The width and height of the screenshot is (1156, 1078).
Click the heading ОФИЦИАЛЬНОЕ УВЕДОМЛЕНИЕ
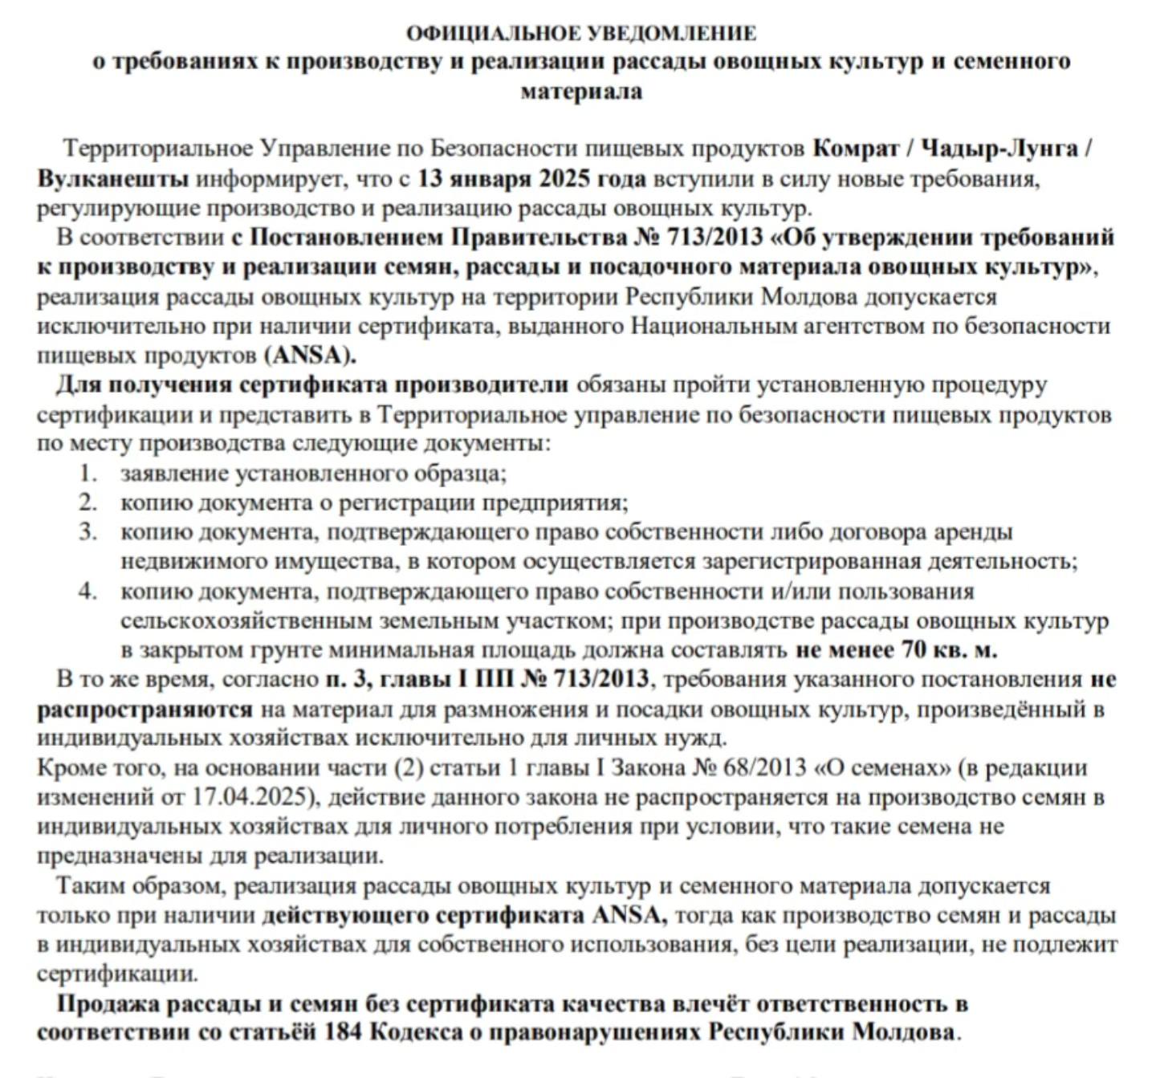[x=580, y=33]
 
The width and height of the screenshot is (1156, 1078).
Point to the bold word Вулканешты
[x=112, y=178]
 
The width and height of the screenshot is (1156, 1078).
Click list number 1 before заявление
[x=88, y=473]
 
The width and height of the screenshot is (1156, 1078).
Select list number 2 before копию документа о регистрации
[x=88, y=502]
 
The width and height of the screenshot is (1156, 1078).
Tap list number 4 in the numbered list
[x=88, y=592]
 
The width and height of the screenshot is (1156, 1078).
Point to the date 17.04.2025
[x=250, y=797]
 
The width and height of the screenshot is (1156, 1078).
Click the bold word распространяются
[x=144, y=710]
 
